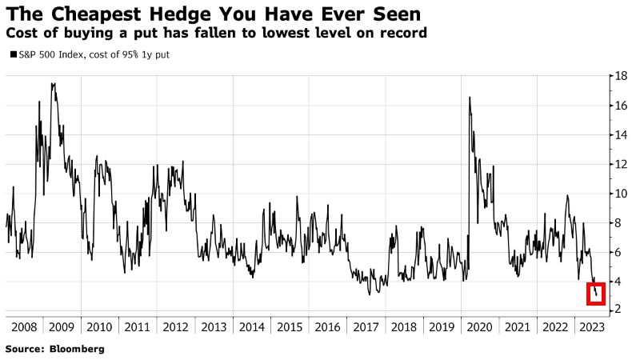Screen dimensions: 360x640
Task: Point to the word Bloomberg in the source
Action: click(78, 350)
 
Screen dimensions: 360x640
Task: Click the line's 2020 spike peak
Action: click(469, 97)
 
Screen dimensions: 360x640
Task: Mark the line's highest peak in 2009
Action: click(53, 83)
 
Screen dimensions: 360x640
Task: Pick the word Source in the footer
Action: click(24, 350)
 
